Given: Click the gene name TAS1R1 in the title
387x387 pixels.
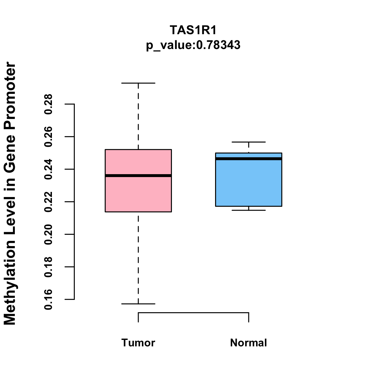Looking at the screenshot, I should coord(193,30).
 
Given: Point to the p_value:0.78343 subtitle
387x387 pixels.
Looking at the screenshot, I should coord(193,45).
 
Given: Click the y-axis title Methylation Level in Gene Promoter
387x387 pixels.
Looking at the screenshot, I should coord(10,193).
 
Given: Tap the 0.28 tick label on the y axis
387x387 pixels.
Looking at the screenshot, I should coord(48,104).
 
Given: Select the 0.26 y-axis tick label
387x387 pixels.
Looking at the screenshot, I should coord(48,137).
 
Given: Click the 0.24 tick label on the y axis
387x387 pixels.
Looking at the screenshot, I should coord(48,169).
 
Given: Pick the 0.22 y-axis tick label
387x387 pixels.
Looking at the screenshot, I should coord(48,202).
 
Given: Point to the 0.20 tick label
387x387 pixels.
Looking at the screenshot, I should coord(48,234).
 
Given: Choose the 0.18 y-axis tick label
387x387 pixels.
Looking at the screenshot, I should coord(48,267).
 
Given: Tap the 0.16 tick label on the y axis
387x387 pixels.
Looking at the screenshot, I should coord(48,300).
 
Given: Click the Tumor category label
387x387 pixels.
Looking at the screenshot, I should coord(138,342).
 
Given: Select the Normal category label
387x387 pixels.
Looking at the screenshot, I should coord(249,342).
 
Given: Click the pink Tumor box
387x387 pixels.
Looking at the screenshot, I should coord(138,193).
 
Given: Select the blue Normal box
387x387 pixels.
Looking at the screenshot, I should coord(249,184).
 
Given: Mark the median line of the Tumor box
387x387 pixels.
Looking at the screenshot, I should coord(138,175).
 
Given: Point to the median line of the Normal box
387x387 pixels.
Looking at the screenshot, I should coord(249,159).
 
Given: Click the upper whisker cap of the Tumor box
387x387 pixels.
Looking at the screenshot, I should coord(138,83).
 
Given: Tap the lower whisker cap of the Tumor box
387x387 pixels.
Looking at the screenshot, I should coord(138,304).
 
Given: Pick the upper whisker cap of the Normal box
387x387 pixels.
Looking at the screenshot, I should coord(249,142).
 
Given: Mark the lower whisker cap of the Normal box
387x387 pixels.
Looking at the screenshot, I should coord(249,210).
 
